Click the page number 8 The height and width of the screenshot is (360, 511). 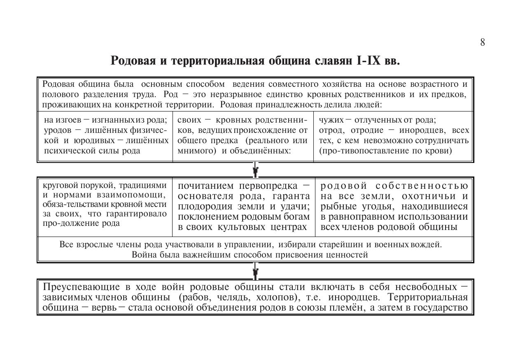[x=482, y=42]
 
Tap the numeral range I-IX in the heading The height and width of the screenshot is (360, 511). [x=369, y=61]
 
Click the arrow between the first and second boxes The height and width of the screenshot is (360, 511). [x=255, y=170]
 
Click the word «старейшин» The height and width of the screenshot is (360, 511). [x=342, y=245]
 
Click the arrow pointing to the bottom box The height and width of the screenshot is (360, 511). [x=255, y=271]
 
